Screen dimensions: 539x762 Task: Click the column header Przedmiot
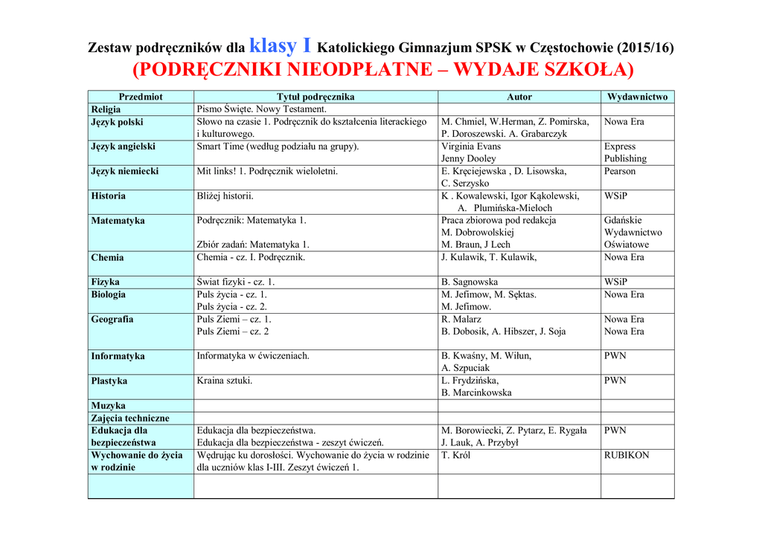tap(141, 97)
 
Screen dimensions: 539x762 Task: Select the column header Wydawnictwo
tap(637, 97)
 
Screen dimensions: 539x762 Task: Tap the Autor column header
tap(519, 97)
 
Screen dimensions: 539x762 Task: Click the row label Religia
tap(106, 109)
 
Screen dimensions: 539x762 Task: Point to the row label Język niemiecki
tap(124, 171)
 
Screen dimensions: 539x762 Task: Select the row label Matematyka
tap(118, 221)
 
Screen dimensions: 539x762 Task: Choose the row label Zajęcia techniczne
tap(130, 419)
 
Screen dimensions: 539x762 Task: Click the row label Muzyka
tap(108, 406)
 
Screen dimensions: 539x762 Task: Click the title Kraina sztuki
tap(224, 381)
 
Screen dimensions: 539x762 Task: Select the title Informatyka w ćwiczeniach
tap(253, 356)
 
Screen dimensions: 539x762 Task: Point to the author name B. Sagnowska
tap(470, 283)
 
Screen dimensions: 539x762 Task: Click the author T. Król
tap(456, 455)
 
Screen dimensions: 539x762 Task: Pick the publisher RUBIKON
tap(627, 455)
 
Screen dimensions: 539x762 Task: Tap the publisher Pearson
tap(620, 171)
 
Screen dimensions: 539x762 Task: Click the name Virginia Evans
tap(471, 146)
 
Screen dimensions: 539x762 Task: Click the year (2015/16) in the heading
tap(645, 48)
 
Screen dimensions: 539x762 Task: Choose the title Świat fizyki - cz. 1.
tap(236, 283)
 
